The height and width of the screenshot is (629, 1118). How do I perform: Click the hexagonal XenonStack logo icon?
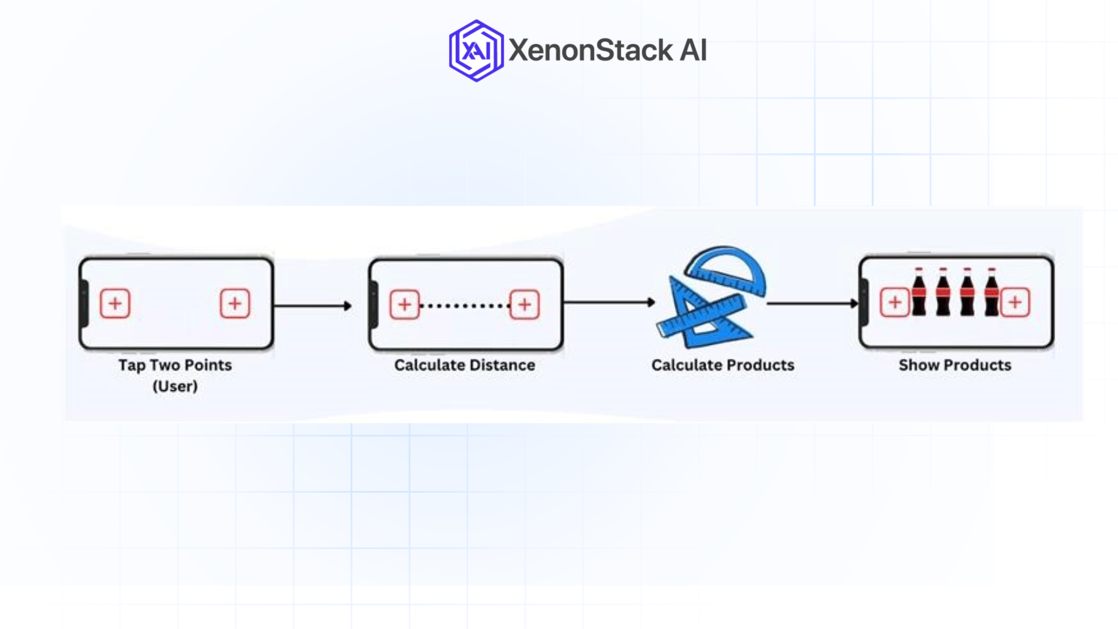point(476,51)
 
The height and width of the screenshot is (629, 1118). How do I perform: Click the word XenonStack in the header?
point(590,51)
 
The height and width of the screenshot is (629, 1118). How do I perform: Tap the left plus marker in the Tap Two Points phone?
point(115,303)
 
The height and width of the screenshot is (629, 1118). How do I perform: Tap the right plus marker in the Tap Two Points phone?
point(235,303)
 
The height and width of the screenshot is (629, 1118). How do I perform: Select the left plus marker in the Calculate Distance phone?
point(405,304)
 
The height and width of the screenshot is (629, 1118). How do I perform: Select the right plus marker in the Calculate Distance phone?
point(524,304)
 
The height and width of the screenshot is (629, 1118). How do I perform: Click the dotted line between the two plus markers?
point(464,305)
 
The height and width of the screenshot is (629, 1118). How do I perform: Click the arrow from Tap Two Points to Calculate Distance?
point(313,305)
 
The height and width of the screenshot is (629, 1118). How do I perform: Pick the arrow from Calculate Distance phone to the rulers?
point(609,302)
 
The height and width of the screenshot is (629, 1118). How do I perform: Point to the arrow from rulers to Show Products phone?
point(812,303)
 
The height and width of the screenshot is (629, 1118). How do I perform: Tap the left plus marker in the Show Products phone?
point(895,302)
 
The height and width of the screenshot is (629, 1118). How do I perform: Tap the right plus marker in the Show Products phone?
point(1015,302)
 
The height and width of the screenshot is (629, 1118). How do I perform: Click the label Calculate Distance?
point(465,365)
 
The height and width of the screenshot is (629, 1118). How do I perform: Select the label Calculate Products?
point(723,365)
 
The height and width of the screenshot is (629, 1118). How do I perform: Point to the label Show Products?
point(955,365)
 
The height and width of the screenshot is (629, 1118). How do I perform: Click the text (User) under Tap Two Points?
point(175,386)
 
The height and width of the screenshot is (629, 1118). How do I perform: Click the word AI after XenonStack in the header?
point(693,51)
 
